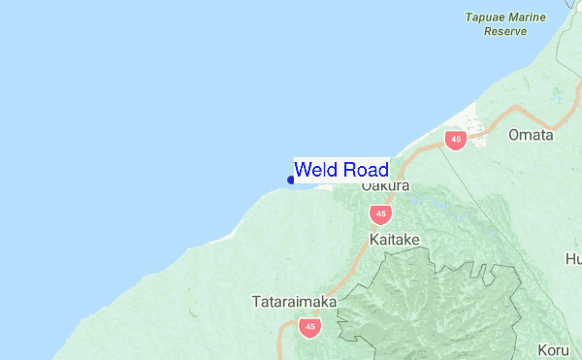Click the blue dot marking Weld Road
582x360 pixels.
(291, 179)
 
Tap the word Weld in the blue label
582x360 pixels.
(316, 170)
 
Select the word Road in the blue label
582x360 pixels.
(366, 170)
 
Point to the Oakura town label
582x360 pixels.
(385, 185)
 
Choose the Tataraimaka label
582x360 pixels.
(294, 302)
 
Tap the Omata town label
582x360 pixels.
(531, 135)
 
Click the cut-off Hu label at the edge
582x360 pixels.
(573, 259)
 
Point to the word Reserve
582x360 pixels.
(505, 31)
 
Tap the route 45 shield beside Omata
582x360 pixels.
(455, 140)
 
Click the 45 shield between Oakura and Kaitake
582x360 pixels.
(380, 213)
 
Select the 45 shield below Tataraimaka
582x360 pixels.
(309, 327)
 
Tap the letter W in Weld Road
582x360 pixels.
(303, 170)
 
